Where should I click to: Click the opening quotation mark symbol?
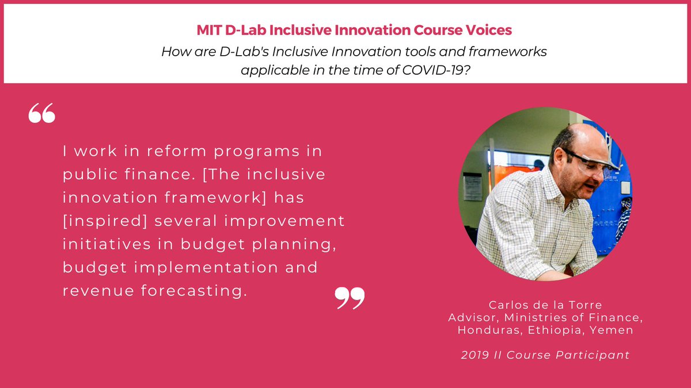click(x=41, y=114)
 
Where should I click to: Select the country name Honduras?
click(x=484, y=330)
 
